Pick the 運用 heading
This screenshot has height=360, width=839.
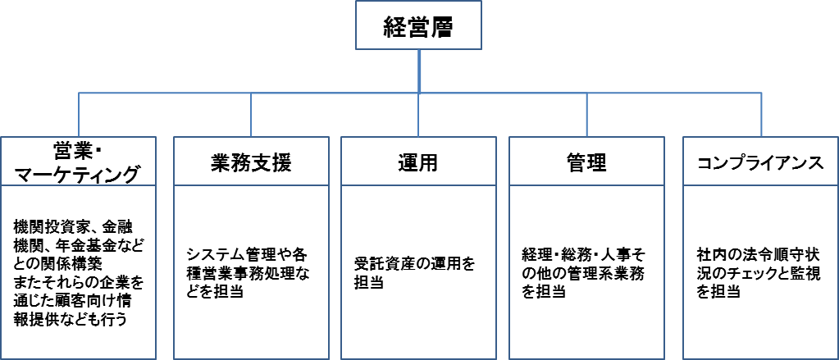[417, 162]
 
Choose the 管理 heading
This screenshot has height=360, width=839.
[586, 162]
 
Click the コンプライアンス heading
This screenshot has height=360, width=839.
[759, 162]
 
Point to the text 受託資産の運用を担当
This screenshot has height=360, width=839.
[414, 273]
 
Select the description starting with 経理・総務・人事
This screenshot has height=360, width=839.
[583, 272]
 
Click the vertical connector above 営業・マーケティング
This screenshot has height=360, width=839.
[79, 116]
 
